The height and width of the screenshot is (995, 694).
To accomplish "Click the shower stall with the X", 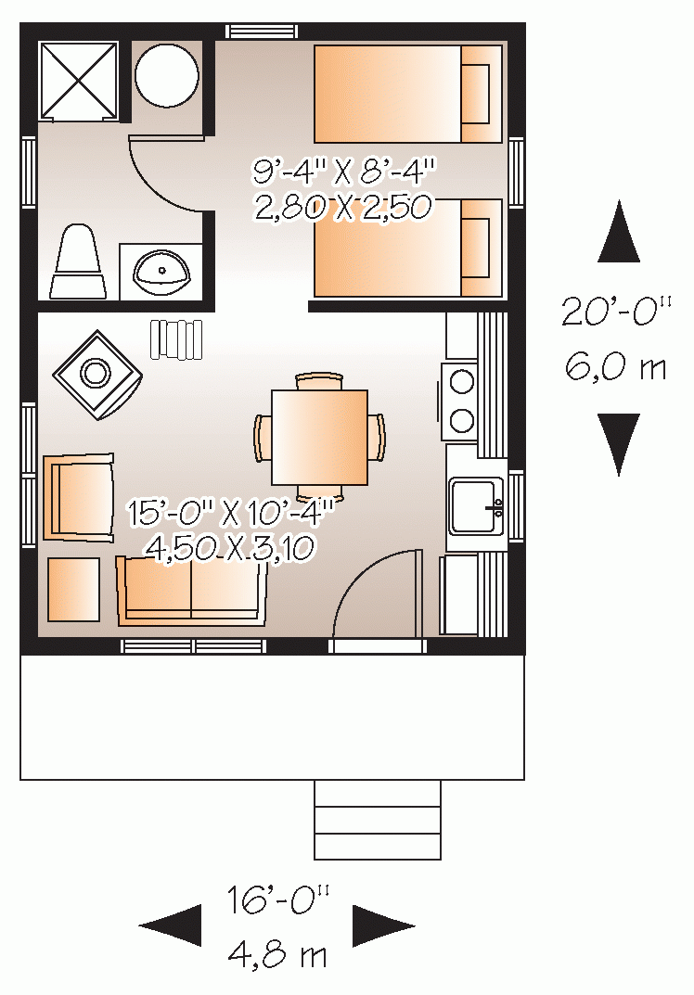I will (78, 80).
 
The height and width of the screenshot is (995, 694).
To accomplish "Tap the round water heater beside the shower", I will (167, 75).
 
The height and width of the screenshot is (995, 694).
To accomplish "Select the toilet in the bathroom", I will (78, 264).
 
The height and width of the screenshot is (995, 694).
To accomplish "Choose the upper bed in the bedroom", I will (408, 94).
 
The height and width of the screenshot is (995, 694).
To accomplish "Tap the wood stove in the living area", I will (96, 374).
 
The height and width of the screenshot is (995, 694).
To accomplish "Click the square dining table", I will (319, 437).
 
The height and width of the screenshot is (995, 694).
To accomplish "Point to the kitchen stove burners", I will (459, 402).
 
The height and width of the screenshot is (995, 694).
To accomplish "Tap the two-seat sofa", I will (191, 590).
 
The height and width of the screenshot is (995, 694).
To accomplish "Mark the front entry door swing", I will (376, 593).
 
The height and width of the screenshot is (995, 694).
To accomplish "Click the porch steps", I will (377, 820).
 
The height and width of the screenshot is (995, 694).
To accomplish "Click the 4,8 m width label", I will (277, 954).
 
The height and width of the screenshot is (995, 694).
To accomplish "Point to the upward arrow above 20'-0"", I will (619, 234).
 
